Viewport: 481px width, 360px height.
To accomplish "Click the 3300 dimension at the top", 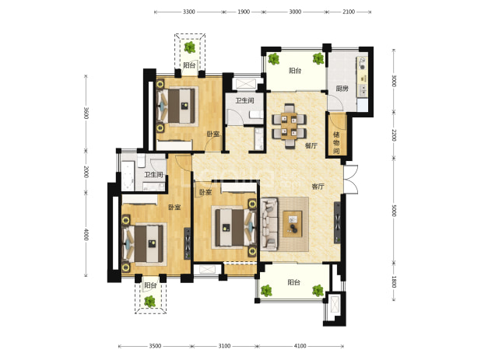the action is pyautogui.click(x=189, y=12).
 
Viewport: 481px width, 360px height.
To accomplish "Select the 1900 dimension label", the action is pyautogui.click(x=244, y=12).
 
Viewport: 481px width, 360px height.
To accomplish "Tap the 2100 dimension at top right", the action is pyautogui.click(x=349, y=12).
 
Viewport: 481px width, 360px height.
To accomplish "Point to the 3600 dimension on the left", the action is pyautogui.click(x=86, y=113).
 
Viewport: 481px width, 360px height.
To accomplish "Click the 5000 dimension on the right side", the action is pyautogui.click(x=394, y=210).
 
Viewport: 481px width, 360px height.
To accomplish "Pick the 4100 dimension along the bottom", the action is pyautogui.click(x=300, y=346).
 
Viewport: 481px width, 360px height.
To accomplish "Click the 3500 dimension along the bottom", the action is pyautogui.click(x=155, y=346).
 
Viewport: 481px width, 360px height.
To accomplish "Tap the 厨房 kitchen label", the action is pyautogui.click(x=342, y=89).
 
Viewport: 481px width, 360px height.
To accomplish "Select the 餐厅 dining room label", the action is pyautogui.click(x=311, y=146).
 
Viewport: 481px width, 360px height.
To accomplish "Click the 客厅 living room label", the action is pyautogui.click(x=318, y=187).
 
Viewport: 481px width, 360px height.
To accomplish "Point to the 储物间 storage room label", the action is pyautogui.click(x=336, y=143).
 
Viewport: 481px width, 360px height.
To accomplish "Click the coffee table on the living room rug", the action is pyautogui.click(x=293, y=224).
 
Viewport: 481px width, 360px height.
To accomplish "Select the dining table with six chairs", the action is pyautogui.click(x=289, y=126).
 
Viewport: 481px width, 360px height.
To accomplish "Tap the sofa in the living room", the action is pyautogui.click(x=269, y=224).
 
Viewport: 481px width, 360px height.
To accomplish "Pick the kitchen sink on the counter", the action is pyautogui.click(x=363, y=89).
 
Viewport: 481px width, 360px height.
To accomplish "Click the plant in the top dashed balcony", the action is pyautogui.click(x=190, y=47).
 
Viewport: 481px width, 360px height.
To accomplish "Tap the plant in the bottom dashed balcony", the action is pyautogui.click(x=150, y=302).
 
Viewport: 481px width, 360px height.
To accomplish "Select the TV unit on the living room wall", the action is pyautogui.click(x=337, y=222).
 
